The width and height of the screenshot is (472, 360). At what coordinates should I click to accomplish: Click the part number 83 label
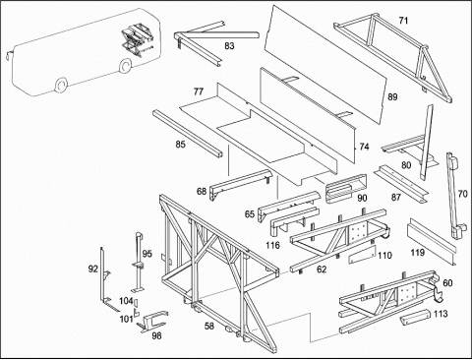[229, 46]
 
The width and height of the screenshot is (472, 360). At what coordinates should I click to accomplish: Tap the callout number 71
[403, 21]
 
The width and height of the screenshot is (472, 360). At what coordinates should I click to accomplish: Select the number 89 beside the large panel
[392, 97]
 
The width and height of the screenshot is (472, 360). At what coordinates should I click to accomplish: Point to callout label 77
[199, 91]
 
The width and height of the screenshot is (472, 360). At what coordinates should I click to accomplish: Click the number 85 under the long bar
[180, 145]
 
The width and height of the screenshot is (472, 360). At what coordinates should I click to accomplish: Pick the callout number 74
[364, 147]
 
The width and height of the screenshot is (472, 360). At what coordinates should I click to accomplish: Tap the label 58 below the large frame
[209, 326]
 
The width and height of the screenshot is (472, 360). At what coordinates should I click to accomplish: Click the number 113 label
[441, 314]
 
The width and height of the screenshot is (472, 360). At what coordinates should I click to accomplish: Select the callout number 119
[418, 253]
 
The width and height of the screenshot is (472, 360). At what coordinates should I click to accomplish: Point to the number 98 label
[157, 336]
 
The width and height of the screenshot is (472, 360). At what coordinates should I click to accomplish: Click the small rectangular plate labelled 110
[362, 254]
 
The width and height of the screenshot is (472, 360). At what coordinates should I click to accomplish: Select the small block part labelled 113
[414, 316]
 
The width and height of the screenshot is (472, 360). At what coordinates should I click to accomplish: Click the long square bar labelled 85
[188, 134]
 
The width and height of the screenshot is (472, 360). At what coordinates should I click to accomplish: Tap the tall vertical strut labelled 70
[454, 195]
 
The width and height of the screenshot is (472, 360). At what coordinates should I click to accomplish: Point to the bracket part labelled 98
[152, 322]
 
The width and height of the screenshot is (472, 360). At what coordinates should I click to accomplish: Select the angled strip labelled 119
[431, 241]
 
